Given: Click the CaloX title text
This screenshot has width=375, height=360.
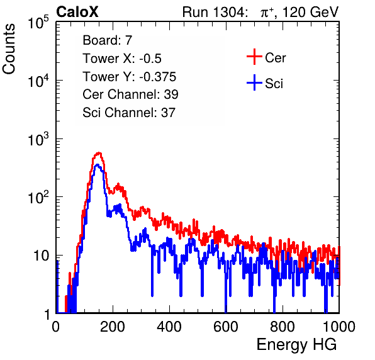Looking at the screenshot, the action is pyautogui.click(x=77, y=12).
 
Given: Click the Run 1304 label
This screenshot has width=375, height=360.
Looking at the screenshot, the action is pyautogui.click(x=214, y=12).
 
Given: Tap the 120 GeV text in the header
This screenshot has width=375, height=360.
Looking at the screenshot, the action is pyautogui.click(x=311, y=12).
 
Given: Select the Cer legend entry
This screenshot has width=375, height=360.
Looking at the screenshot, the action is pyautogui.click(x=276, y=58).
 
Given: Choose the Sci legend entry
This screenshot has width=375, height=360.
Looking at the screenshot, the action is pyautogui.click(x=274, y=84).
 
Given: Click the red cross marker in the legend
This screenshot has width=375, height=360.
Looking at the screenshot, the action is pyautogui.click(x=254, y=57).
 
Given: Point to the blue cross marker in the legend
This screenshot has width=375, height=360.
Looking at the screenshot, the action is pyautogui.click(x=254, y=82).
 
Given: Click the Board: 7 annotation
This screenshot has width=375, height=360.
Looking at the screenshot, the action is pyautogui.click(x=108, y=40).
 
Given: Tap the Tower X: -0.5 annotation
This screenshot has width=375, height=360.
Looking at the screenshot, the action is pyautogui.click(x=122, y=59).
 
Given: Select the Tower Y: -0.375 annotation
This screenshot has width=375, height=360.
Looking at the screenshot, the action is pyautogui.click(x=130, y=77).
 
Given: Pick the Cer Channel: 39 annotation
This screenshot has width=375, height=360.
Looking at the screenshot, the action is pyautogui.click(x=130, y=94).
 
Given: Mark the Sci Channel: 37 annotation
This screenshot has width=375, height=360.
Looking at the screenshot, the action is pyautogui.click(x=129, y=113).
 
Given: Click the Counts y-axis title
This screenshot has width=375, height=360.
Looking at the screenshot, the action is pyautogui.click(x=9, y=49).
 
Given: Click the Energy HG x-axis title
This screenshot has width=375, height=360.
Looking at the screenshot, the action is pyautogui.click(x=296, y=345).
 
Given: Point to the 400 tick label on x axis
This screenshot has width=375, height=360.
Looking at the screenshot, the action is pyautogui.click(x=169, y=327).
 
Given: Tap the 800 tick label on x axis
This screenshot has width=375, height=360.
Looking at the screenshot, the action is pyautogui.click(x=283, y=327).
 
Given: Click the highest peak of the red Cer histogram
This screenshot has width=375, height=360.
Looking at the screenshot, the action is pyautogui.click(x=99, y=152).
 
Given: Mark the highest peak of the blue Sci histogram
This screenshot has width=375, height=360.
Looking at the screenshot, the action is pyautogui.click(x=97, y=164).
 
